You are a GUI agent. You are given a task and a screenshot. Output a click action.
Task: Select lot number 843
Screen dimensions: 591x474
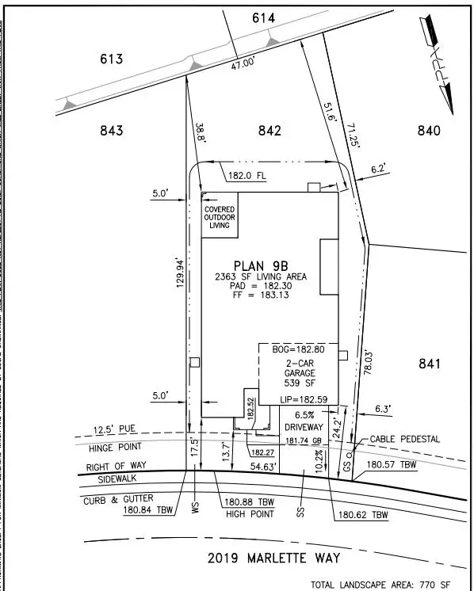[112, 132]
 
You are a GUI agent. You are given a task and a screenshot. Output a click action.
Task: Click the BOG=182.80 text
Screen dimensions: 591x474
[298, 349]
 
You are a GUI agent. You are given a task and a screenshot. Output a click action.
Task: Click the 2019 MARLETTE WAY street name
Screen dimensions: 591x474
[274, 558]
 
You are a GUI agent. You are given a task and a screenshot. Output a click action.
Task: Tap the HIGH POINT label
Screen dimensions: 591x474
[249, 514]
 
